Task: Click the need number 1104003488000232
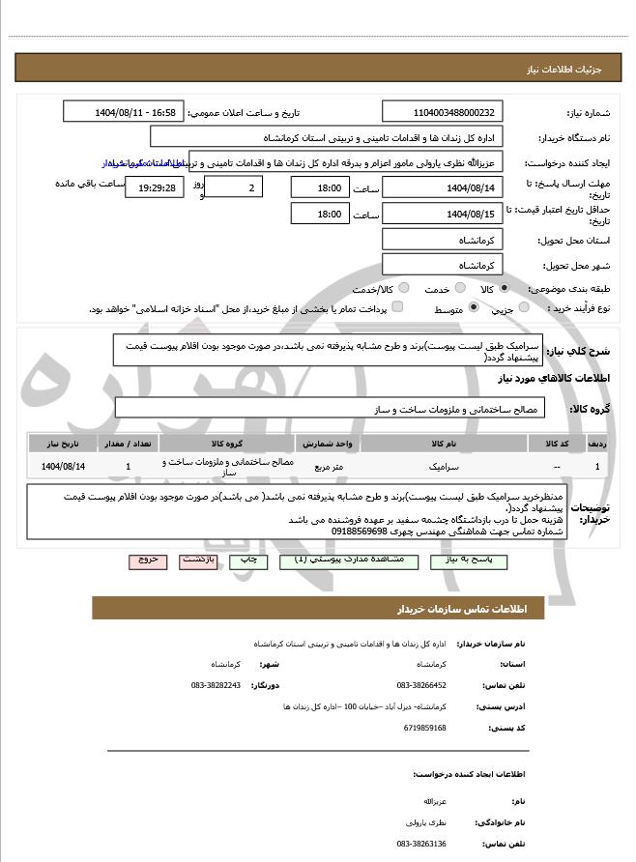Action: click(443, 113)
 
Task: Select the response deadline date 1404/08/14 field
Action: click(443, 187)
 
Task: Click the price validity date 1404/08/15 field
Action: click(443, 214)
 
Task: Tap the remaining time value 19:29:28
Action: click(155, 187)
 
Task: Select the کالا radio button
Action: click(504, 288)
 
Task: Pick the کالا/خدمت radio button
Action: click(403, 288)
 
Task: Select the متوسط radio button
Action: click(474, 308)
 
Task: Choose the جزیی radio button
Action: click(524, 308)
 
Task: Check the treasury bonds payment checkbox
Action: click(396, 308)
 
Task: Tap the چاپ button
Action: click(248, 560)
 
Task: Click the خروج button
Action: click(148, 560)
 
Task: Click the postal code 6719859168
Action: click(425, 728)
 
